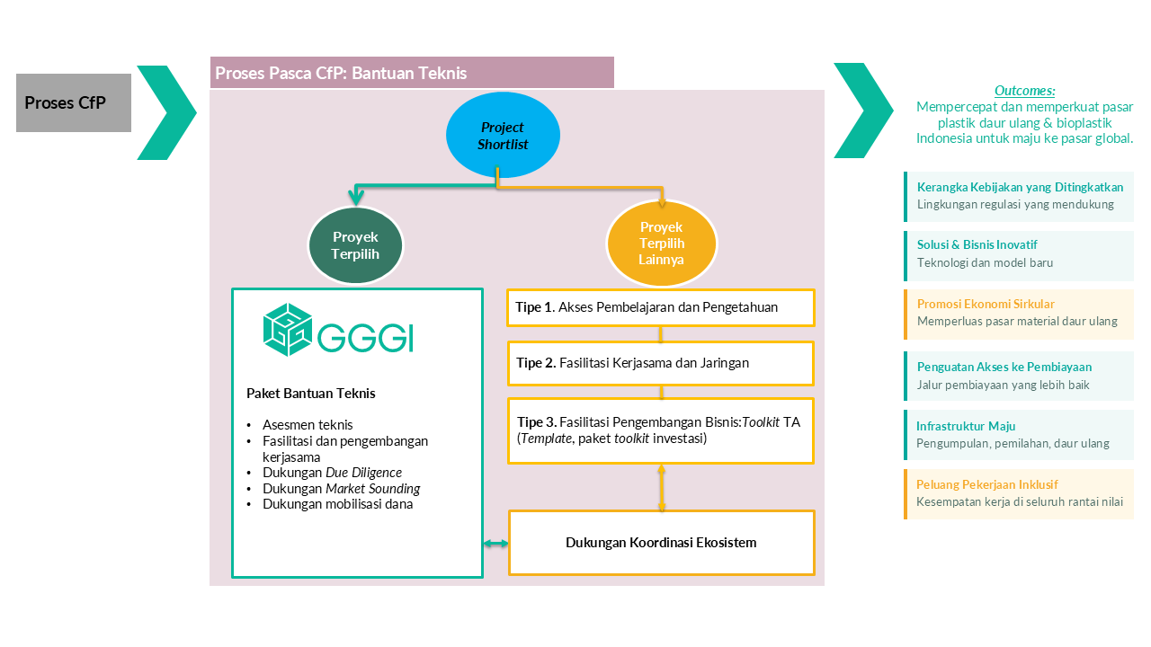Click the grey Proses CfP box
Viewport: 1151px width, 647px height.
click(73, 102)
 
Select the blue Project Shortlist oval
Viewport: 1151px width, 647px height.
click(503, 135)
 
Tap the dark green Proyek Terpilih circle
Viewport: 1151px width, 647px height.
click(355, 245)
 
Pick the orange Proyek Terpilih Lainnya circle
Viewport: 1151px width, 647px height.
click(661, 244)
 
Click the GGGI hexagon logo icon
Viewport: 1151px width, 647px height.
click(288, 329)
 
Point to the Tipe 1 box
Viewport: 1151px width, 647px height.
click(661, 307)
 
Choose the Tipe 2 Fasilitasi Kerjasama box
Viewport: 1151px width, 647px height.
click(661, 363)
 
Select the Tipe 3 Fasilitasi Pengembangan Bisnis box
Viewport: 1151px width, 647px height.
click(661, 430)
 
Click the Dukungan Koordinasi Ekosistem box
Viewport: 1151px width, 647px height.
click(661, 543)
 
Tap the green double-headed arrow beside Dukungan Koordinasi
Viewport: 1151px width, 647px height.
click(495, 544)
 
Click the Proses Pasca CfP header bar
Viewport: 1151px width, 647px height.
click(412, 73)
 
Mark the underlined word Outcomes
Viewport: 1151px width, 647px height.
click(1024, 91)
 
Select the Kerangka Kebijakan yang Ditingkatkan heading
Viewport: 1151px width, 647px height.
click(1020, 187)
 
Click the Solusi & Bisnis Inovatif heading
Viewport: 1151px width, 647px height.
click(977, 244)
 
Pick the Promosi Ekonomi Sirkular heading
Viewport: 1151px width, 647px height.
click(986, 304)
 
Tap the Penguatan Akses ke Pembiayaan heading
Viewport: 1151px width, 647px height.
click(1004, 367)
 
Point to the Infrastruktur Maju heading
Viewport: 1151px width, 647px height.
click(966, 426)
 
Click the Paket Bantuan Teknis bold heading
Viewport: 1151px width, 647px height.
click(311, 394)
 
